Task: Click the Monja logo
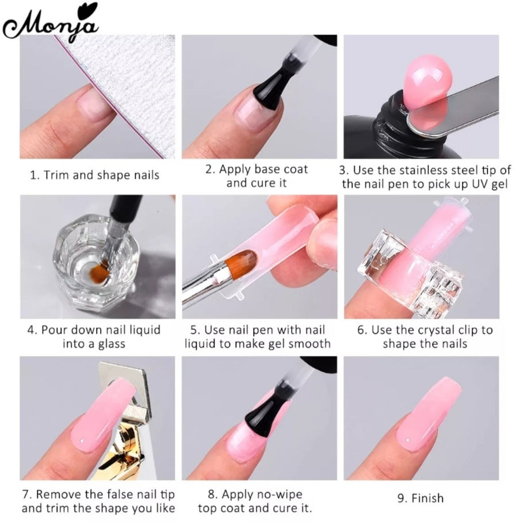[51, 21]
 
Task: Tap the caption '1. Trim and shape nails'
[94, 175]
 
